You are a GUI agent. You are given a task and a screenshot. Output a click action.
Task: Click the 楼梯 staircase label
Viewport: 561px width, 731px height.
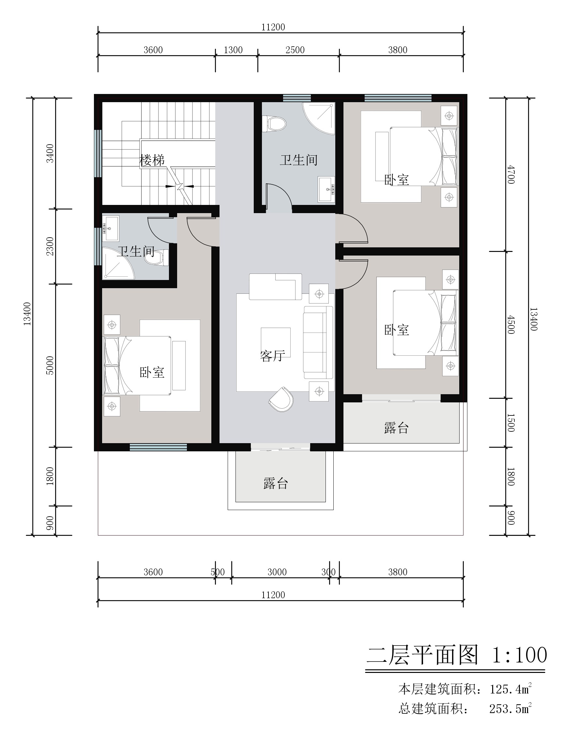(152, 160)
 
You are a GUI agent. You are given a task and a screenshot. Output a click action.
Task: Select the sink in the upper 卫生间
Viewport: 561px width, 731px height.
(326, 189)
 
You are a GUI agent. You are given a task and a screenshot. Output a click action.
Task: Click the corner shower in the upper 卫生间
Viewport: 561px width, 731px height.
(319, 118)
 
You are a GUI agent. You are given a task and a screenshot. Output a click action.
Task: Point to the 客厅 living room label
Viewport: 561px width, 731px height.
(272, 356)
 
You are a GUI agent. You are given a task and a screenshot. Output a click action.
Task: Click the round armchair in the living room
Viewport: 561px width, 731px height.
(281, 399)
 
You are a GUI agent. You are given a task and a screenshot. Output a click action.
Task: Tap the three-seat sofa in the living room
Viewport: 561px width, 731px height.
(318, 342)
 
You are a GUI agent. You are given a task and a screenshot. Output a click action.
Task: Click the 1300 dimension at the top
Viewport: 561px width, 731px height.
(233, 50)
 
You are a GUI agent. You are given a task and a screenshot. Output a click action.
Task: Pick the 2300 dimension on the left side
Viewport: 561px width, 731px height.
(50, 246)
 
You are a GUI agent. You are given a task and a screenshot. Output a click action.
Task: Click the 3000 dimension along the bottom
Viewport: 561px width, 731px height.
(277, 572)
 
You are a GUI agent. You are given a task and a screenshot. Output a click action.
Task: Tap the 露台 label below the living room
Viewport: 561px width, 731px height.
(276, 483)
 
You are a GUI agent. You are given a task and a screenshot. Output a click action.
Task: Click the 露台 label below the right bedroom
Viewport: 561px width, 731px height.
(396, 428)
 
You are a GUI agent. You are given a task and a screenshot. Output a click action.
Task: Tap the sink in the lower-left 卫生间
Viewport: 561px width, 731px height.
(110, 228)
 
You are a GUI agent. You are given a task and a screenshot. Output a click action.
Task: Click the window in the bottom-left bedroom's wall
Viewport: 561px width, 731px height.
(158, 447)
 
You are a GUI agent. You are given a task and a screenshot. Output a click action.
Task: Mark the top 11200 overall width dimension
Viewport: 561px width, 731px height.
(273, 27)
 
